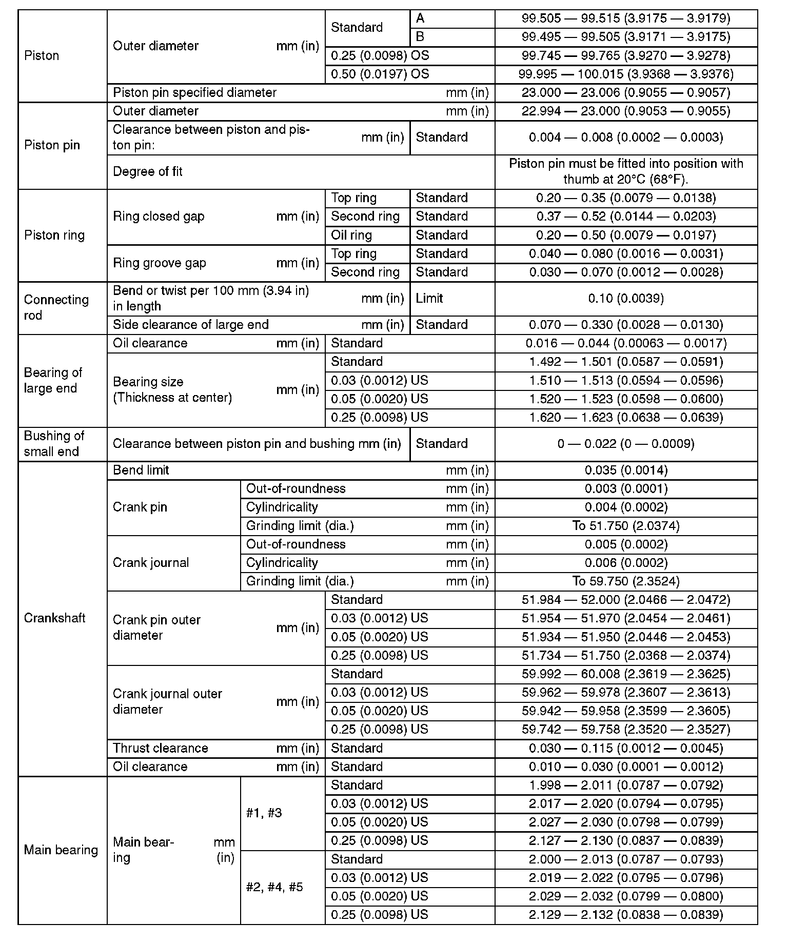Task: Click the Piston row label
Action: point(42,55)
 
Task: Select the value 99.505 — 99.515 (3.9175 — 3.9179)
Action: point(626,18)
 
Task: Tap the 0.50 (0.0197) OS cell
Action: point(380,74)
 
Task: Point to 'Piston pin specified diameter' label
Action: point(194,92)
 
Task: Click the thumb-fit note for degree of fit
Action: point(626,171)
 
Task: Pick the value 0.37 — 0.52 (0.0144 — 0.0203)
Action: point(626,216)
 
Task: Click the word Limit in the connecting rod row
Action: point(429,298)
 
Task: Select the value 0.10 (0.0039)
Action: point(626,298)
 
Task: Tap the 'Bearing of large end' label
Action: point(53,380)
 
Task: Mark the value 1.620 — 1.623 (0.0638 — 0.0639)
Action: point(626,417)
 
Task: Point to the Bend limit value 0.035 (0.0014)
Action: point(626,470)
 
